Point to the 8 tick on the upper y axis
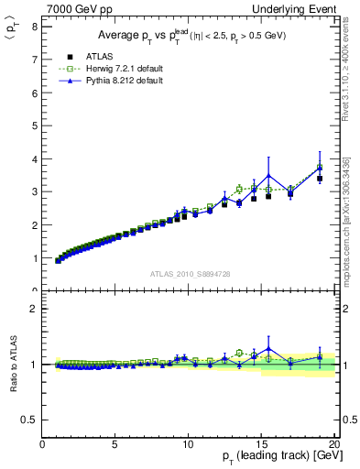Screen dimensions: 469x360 34,26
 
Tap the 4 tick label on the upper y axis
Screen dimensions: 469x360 34,158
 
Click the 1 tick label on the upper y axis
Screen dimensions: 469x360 34,258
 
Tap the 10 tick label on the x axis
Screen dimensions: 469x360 188,445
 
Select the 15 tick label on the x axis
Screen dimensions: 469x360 261,445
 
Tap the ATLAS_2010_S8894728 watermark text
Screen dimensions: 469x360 189,274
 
